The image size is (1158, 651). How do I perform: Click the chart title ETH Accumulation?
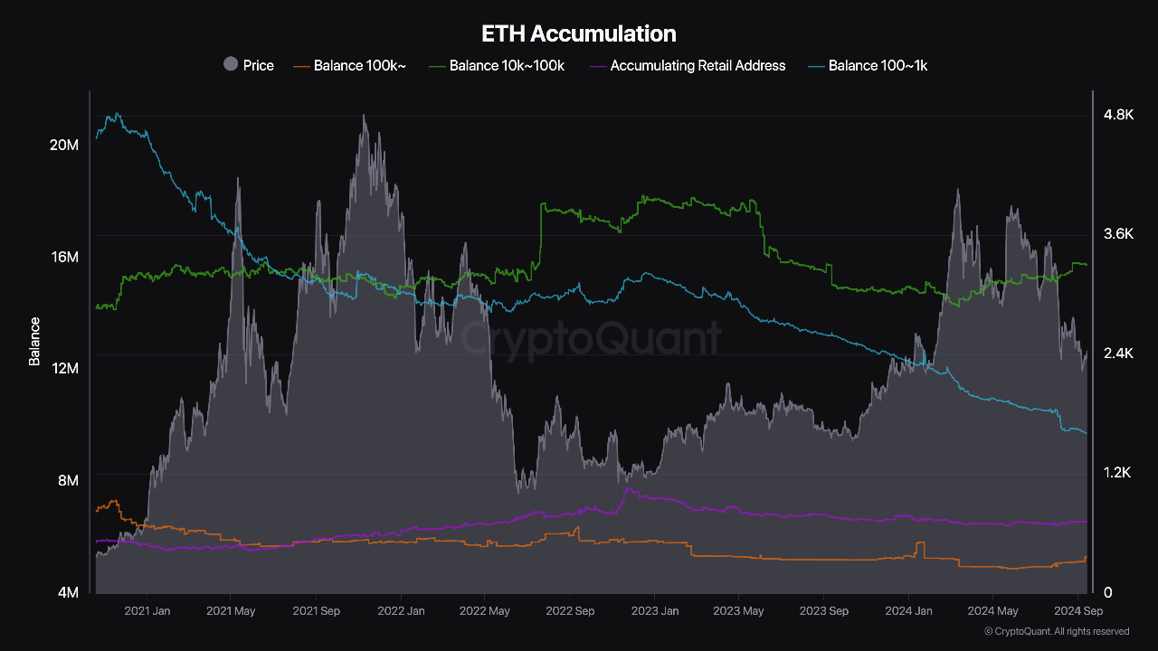click(x=579, y=34)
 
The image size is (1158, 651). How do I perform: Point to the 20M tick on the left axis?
click(x=64, y=146)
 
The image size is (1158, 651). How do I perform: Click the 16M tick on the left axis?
click(x=64, y=258)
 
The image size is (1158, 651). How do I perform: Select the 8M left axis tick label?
click(x=69, y=480)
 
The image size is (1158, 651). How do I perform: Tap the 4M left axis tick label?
click(x=69, y=592)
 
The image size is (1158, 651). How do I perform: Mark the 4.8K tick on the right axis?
click(x=1118, y=115)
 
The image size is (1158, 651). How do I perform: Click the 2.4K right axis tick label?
click(x=1118, y=354)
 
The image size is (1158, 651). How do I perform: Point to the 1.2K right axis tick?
click(x=1118, y=473)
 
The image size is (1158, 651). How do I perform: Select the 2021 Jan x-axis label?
click(x=147, y=611)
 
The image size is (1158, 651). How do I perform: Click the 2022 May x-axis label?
click(x=485, y=611)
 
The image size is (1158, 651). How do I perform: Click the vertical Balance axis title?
click(x=34, y=341)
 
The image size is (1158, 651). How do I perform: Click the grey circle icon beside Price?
click(x=231, y=64)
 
